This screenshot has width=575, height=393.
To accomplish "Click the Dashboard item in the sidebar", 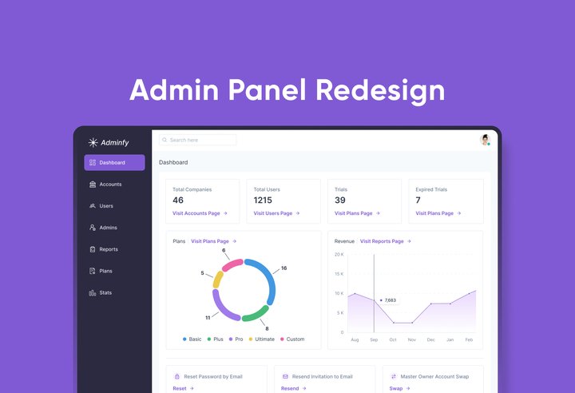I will [114, 163].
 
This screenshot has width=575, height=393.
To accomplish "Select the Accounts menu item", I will [110, 185].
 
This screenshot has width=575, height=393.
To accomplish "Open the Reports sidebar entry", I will [109, 249].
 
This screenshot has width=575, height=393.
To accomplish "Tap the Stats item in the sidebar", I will [105, 293].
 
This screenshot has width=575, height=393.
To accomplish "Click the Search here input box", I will [198, 140].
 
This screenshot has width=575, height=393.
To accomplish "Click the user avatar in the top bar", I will [485, 140].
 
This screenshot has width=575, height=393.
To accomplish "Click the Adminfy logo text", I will [113, 143].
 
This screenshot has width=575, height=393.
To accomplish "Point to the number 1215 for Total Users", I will [263, 200].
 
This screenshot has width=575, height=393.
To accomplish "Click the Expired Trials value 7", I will [418, 200].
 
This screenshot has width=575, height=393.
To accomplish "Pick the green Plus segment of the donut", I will [255, 314].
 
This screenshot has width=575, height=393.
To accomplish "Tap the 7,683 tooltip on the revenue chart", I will [390, 300].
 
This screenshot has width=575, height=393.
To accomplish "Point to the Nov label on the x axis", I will [412, 339].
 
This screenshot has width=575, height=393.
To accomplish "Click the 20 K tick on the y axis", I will [339, 255].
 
